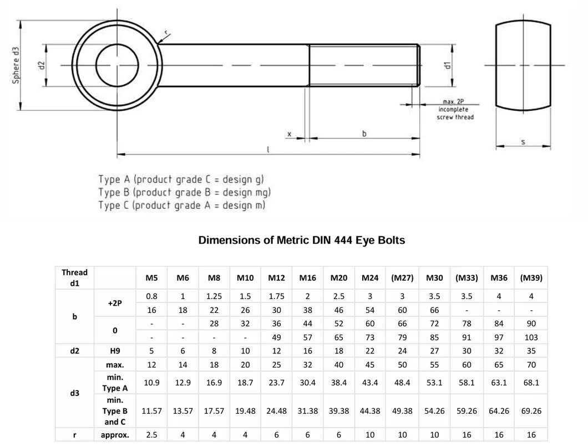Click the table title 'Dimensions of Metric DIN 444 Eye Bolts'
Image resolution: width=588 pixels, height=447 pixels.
coord(302,240)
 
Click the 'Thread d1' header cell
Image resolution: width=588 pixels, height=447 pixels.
coord(74,278)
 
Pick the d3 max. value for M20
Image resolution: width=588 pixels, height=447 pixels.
coord(339,365)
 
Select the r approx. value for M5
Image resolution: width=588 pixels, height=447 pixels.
coord(151,435)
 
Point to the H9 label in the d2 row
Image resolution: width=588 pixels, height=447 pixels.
coord(115,351)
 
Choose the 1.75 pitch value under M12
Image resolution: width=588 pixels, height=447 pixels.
coord(276,296)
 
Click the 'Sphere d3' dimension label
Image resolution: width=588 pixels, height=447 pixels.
coord(16,65)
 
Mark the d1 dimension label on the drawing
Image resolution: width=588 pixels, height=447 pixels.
coord(447,65)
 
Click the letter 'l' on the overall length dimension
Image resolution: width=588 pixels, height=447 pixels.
coord(268,149)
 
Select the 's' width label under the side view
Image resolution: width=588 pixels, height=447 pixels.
coord(523,142)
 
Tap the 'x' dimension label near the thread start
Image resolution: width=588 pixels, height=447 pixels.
coord(289,135)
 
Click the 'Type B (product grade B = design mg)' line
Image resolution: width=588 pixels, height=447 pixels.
coord(185,193)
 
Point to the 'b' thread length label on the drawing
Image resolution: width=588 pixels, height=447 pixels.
coord(364,134)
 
